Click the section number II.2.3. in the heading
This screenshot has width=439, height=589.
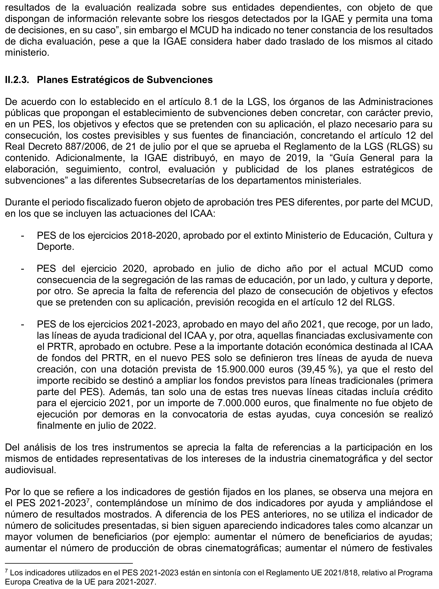[x=17, y=80]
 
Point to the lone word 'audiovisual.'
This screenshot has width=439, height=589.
[x=30, y=470]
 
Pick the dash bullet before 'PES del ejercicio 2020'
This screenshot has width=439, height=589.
[x=22, y=269]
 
